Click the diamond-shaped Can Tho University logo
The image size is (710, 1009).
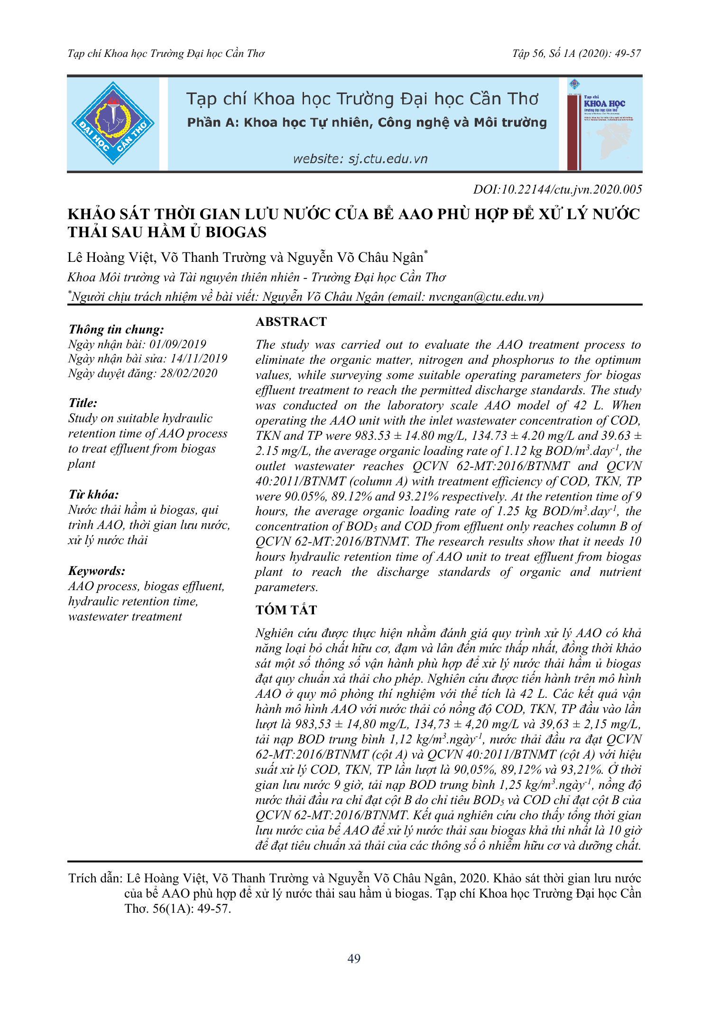(x=113, y=123)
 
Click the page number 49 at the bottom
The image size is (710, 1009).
(x=354, y=959)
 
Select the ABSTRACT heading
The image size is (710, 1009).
(x=291, y=322)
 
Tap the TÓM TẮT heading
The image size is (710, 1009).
(x=286, y=610)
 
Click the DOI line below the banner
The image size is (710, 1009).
(x=557, y=190)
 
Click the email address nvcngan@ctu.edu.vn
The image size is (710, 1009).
(x=484, y=297)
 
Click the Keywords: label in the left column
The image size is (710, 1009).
(x=97, y=571)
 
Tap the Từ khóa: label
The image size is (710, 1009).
(x=93, y=495)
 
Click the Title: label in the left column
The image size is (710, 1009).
(x=83, y=403)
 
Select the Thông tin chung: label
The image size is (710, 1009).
(x=116, y=330)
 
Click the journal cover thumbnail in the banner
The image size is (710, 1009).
(x=604, y=123)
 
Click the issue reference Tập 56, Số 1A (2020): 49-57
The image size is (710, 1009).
(x=576, y=54)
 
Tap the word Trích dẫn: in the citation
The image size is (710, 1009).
(x=95, y=878)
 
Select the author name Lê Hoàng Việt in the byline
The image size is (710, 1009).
(x=111, y=258)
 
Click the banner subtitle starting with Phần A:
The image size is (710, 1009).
(x=367, y=123)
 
